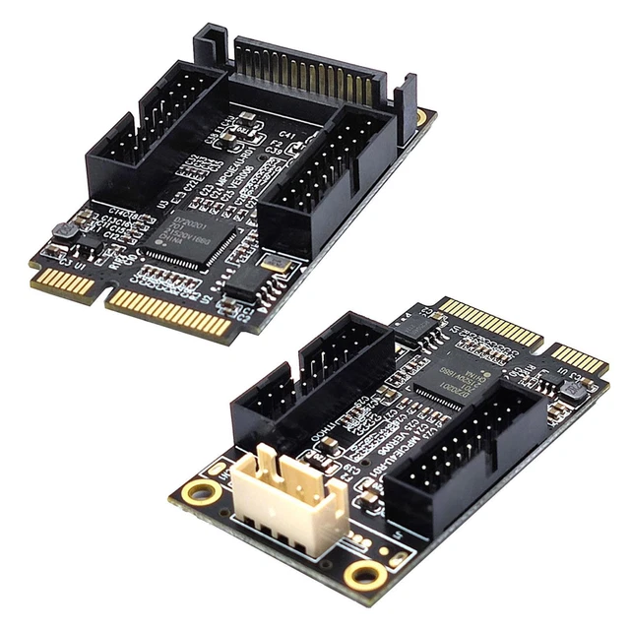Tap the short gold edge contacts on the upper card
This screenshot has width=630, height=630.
64,285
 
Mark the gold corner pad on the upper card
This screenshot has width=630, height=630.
421,117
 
